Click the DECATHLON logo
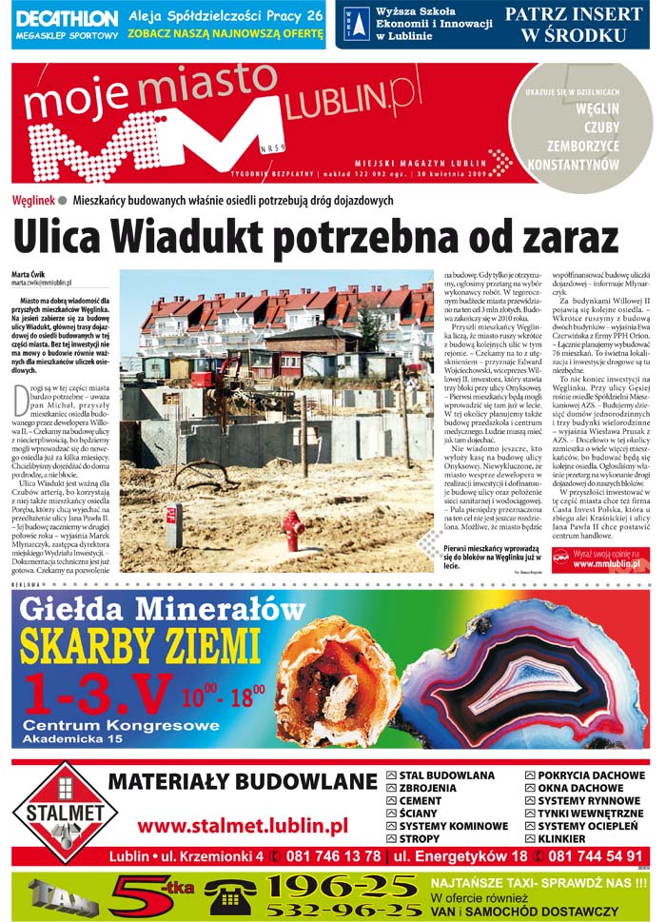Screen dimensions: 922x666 [67, 18]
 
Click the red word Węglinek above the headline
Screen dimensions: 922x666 [32, 201]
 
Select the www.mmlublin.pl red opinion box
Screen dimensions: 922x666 [599, 559]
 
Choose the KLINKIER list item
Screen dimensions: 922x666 [562, 838]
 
